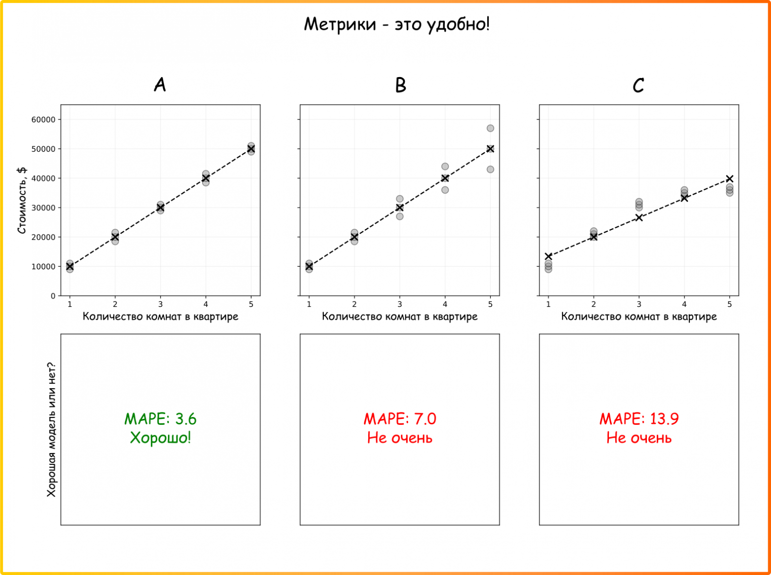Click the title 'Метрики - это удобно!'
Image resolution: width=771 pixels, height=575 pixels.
[396, 24]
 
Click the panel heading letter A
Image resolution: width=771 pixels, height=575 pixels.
[160, 85]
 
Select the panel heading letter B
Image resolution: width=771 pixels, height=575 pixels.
[400, 85]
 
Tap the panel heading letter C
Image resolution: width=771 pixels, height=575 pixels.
[638, 85]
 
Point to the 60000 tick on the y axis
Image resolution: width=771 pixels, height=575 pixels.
[43, 120]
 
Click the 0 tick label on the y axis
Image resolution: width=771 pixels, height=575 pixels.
[53, 296]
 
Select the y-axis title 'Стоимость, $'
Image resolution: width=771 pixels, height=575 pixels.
[22, 200]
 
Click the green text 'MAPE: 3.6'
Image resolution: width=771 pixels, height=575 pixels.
[160, 419]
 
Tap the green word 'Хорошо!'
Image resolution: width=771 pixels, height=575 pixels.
[160, 438]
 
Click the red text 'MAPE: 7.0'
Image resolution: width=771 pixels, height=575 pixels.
[400, 419]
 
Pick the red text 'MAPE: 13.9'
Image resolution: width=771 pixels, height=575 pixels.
[639, 419]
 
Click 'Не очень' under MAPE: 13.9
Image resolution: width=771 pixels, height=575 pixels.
[639, 438]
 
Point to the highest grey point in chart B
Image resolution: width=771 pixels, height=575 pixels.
[490, 128]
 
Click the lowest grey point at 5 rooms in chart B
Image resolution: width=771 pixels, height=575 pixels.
[490, 169]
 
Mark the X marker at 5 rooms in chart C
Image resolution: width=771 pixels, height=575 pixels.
[729, 179]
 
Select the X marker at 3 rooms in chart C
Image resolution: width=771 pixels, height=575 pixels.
[639, 217]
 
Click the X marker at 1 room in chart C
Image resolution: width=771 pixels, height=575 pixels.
[548, 256]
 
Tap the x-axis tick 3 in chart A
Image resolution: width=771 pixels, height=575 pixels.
[160, 304]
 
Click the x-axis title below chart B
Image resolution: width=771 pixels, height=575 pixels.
[399, 317]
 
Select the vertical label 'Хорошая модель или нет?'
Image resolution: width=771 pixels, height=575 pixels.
[51, 429]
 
